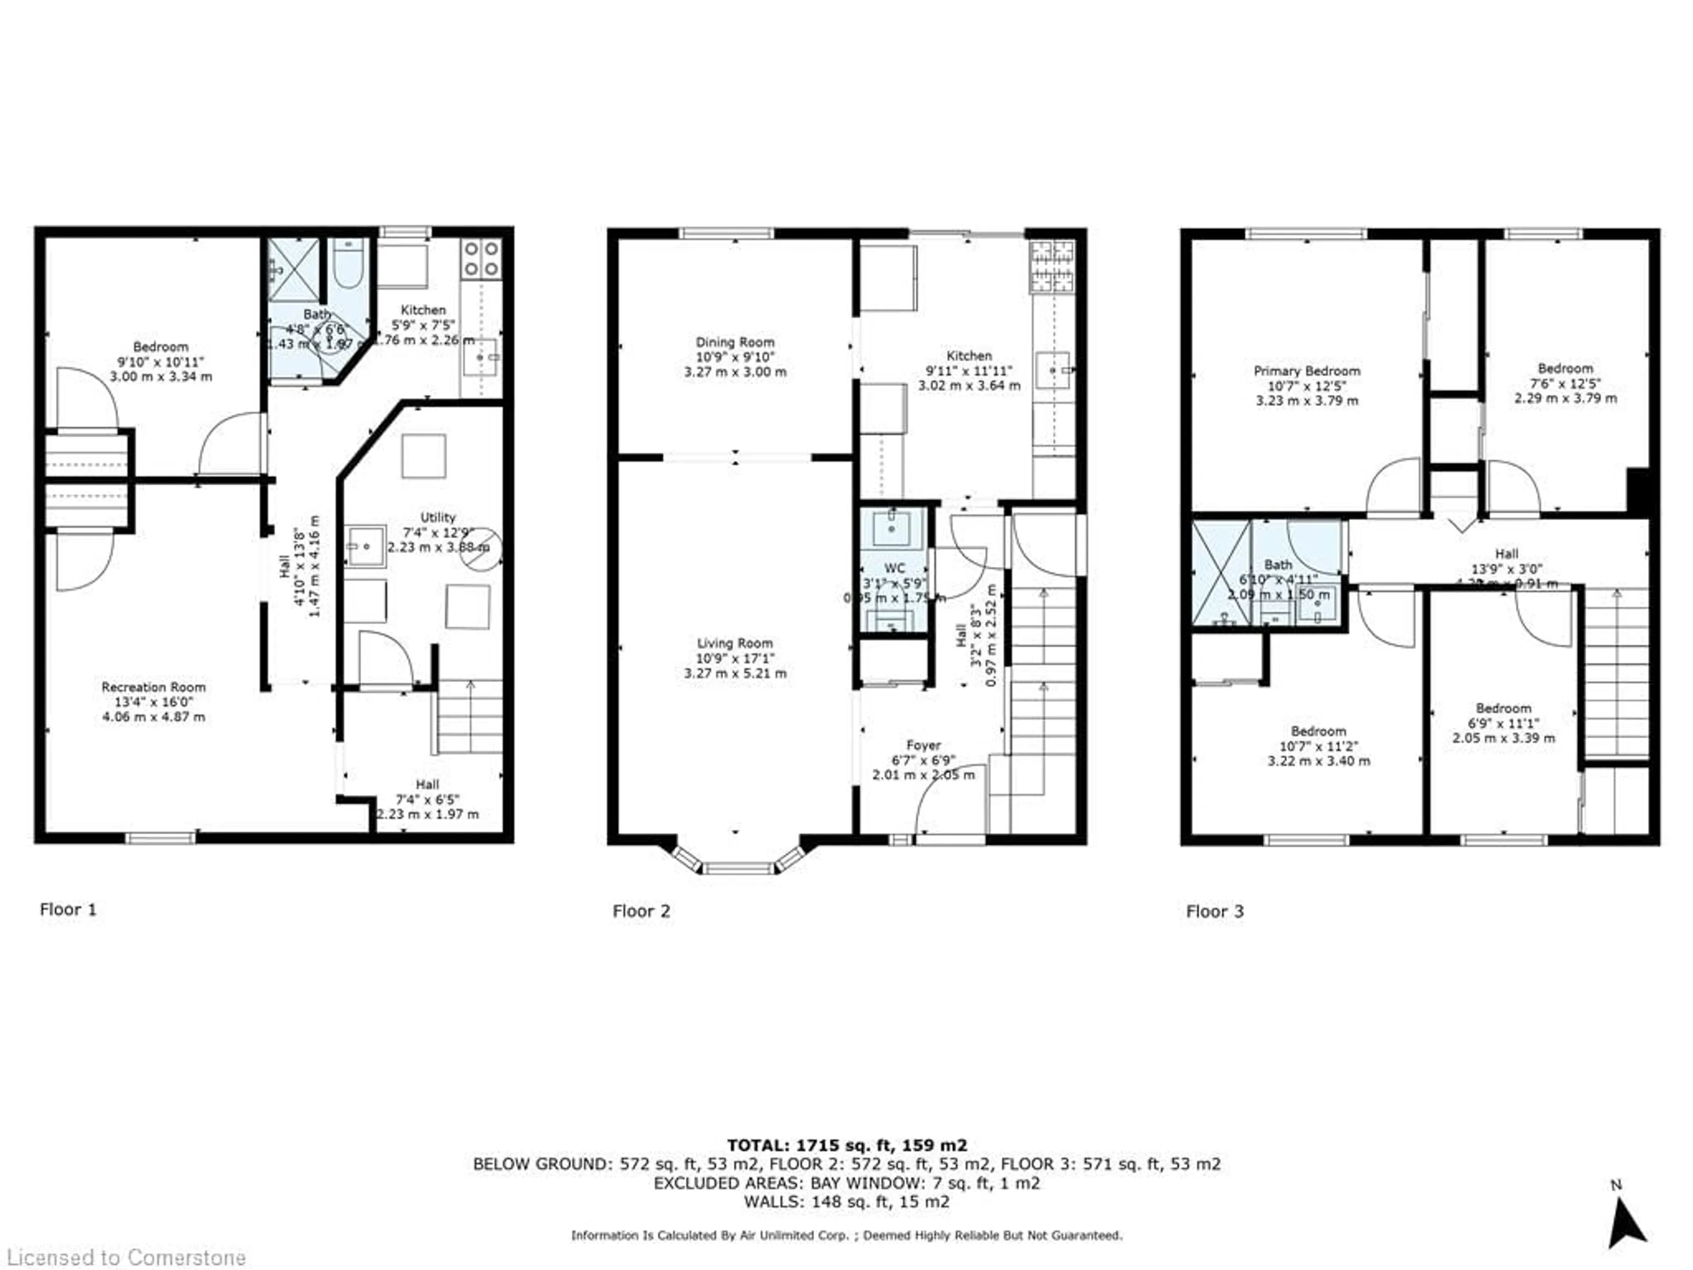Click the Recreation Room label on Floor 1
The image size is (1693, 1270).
coord(153,687)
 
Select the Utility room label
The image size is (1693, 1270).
coord(438,518)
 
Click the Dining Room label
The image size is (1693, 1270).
coord(735,342)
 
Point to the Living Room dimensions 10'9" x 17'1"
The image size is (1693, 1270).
coord(735,658)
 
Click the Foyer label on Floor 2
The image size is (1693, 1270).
coord(923,745)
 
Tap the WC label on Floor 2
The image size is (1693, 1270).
coord(894,568)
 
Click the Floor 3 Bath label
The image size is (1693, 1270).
coord(1278,564)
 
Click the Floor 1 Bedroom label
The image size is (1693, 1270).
coord(160,347)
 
